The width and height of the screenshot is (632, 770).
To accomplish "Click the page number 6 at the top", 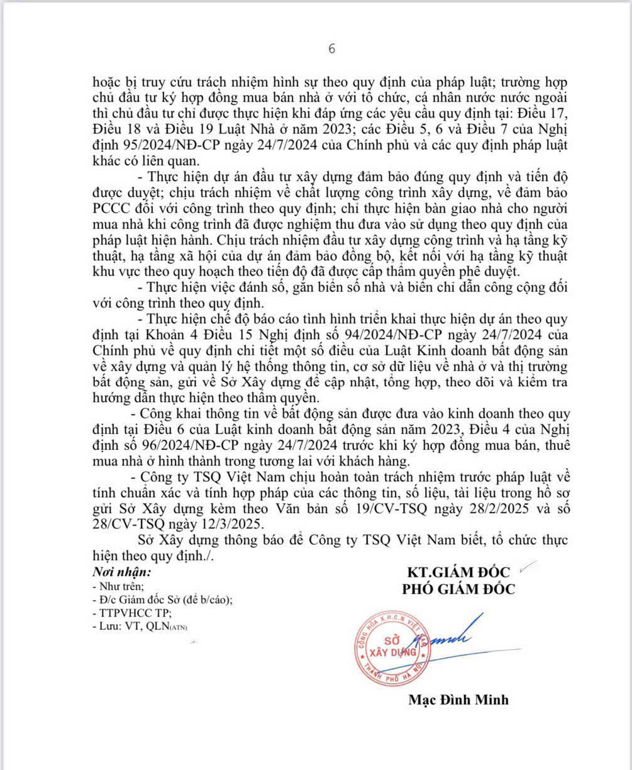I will click(x=333, y=49).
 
